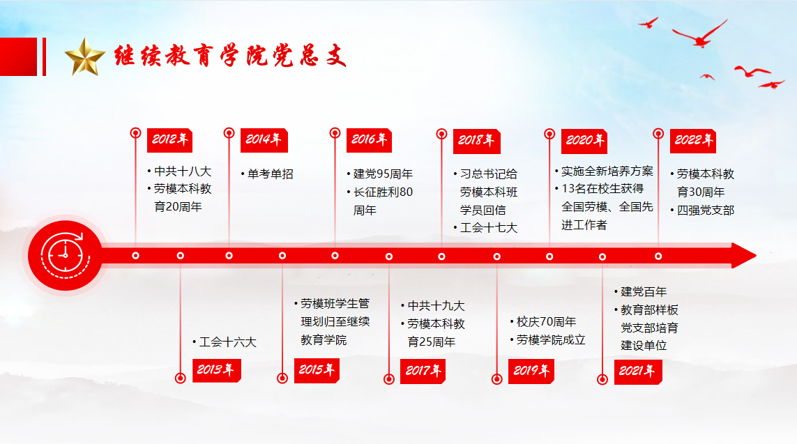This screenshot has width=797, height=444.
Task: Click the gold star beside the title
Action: pyautogui.click(x=85, y=57)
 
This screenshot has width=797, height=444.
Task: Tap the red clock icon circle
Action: pyautogui.click(x=65, y=256)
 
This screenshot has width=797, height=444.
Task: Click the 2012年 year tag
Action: pyautogui.click(x=169, y=140)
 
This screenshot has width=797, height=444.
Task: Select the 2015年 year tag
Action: pyautogui.click(x=317, y=370)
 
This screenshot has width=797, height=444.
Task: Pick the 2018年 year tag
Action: pyautogui.click(x=476, y=141)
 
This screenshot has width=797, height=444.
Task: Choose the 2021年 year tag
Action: pyautogui.click(x=637, y=372)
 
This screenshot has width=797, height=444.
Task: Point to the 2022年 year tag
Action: pyautogui.click(x=693, y=141)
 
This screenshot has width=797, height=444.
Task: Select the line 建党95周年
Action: pyautogui.click(x=380, y=174)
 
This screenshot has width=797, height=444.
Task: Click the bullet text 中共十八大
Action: pyautogui.click(x=179, y=171)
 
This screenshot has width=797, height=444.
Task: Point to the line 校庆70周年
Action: pyautogui.click(x=543, y=322)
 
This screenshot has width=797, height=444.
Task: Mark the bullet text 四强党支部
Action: pyautogui.click(x=702, y=210)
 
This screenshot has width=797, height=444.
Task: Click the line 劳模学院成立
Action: pyautogui.click(x=548, y=340)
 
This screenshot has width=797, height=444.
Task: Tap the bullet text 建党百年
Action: pyautogui.click(x=640, y=292)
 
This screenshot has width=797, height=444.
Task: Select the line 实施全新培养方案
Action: pyautogui.click(x=604, y=171)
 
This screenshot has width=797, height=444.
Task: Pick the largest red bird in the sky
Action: pyautogui.click(x=700, y=34)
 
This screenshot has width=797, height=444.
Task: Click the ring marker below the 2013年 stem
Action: pyautogui.click(x=180, y=378)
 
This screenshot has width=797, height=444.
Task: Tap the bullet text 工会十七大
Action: pyautogui.click(x=485, y=228)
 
